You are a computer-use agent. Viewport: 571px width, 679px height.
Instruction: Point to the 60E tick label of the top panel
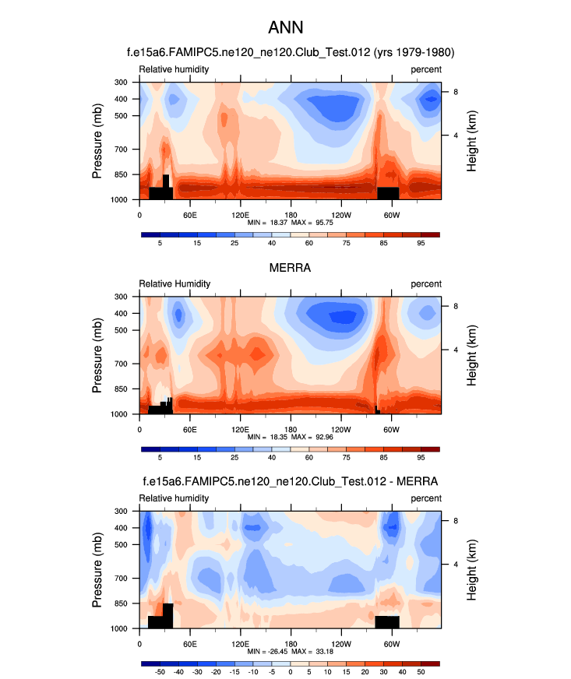coord(189,214)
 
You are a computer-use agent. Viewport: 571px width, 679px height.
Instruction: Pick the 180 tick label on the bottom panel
coord(290,644)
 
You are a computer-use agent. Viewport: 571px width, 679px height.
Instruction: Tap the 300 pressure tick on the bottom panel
coord(121,512)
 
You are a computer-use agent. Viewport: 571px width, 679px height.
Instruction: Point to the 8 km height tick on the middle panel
coord(456,306)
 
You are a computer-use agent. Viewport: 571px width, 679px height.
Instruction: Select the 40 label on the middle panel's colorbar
coord(271,459)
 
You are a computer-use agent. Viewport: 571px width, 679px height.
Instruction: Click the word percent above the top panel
coord(426,69)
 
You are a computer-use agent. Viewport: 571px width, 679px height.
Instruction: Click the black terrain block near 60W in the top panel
coord(388,192)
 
